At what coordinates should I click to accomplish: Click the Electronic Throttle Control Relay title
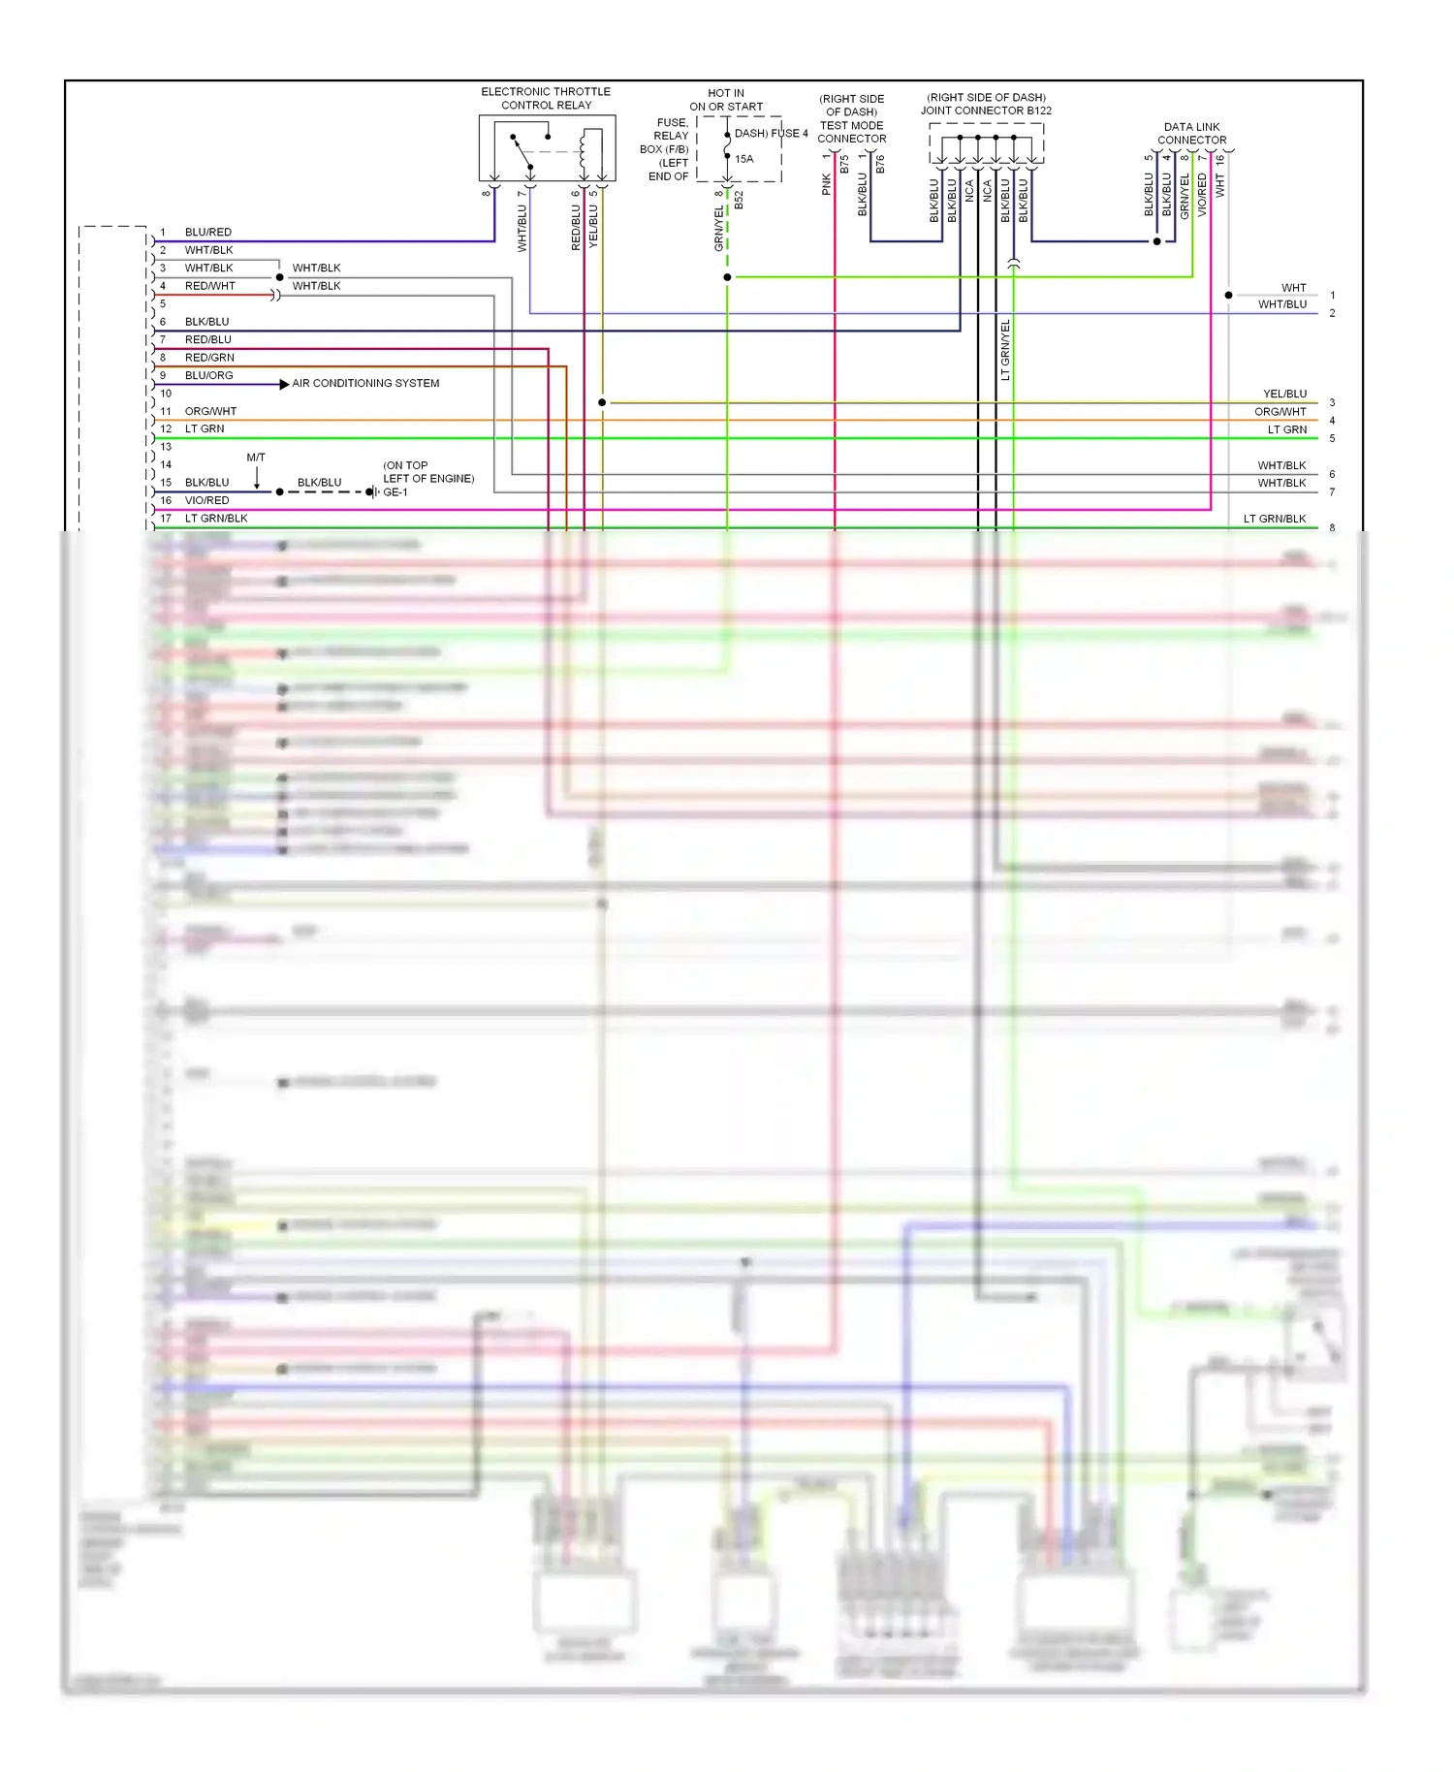(546, 98)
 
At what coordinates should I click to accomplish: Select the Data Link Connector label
(1191, 133)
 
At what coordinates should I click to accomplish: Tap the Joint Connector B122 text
(986, 111)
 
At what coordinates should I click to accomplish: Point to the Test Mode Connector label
(851, 132)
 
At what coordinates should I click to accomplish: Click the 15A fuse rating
(743, 159)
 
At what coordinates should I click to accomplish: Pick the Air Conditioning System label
(365, 384)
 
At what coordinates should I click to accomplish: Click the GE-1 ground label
(395, 492)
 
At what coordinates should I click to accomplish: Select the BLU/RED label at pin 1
(208, 233)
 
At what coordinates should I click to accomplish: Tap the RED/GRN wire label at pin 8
(209, 358)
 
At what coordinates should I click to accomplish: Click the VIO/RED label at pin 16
(207, 501)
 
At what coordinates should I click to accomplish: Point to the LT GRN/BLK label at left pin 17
(216, 519)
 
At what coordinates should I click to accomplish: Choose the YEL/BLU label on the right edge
(1284, 395)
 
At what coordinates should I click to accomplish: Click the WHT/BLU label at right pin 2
(1281, 304)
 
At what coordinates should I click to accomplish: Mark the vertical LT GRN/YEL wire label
(1005, 349)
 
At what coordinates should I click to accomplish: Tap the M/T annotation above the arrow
(256, 458)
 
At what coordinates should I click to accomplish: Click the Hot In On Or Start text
(726, 100)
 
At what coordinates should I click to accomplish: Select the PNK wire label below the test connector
(826, 184)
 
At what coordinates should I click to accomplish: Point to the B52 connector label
(739, 200)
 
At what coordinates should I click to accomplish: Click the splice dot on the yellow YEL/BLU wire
(602, 402)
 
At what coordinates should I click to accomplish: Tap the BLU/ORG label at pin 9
(208, 376)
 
